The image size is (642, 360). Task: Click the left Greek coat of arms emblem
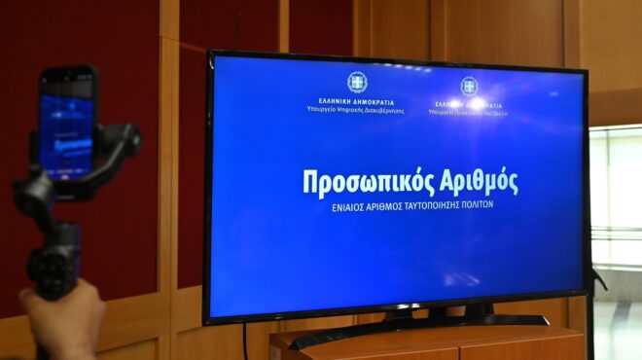pos(357,82)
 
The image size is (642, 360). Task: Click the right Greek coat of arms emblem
pos(469,86)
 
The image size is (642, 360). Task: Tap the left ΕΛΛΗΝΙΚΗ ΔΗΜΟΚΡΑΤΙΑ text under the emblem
pos(355,101)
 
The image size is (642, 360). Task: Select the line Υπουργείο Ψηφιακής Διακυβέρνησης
pos(355,109)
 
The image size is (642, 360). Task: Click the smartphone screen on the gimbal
pos(67,126)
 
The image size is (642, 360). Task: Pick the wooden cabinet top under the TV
pos(428,336)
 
